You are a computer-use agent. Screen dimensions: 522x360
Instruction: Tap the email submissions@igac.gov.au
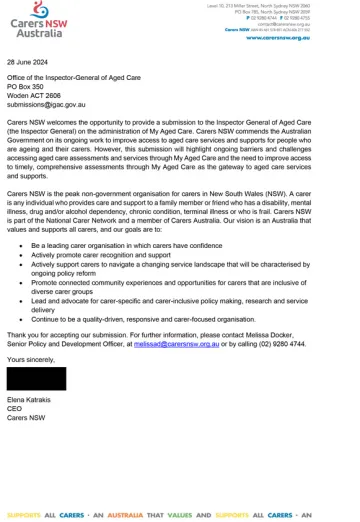46,103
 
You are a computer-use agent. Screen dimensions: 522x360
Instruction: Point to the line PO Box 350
28,87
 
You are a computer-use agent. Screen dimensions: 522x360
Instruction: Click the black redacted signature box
36,378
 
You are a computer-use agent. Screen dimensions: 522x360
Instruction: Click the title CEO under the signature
14,407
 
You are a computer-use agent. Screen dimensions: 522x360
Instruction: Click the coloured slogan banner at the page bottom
180,515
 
